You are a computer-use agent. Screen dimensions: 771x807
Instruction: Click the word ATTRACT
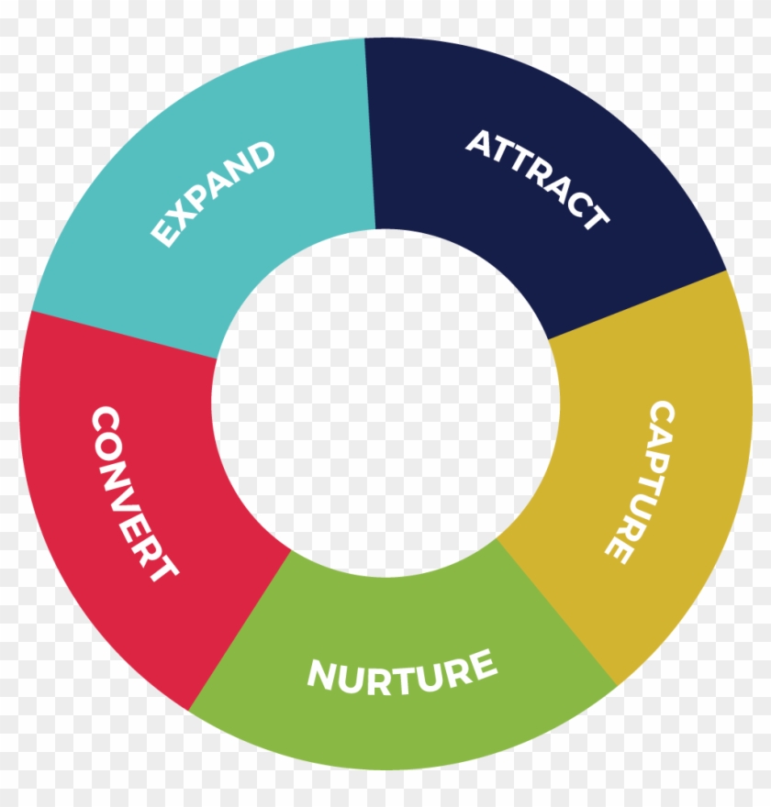[537, 178]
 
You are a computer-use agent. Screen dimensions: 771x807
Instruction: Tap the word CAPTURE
[641, 482]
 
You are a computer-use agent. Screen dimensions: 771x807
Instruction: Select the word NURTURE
[402, 672]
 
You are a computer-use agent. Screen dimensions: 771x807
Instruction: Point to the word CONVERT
[134, 494]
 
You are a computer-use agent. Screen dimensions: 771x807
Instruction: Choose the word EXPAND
[213, 193]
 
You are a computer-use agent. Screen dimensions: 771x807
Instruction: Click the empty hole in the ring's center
[385, 403]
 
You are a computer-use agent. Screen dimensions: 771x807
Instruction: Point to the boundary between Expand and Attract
[370, 133]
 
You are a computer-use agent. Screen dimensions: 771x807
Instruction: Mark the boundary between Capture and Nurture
[557, 612]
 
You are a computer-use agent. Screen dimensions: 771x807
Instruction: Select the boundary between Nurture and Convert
[240, 631]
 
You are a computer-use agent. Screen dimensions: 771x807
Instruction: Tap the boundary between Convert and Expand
[124, 335]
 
